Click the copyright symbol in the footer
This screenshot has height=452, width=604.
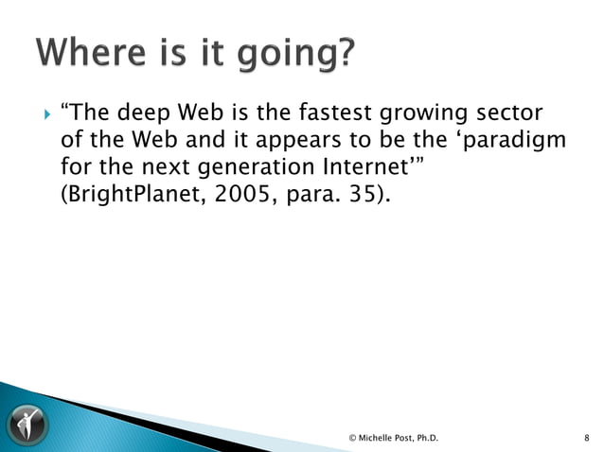coord(352,437)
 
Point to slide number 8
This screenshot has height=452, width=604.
coord(587,437)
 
